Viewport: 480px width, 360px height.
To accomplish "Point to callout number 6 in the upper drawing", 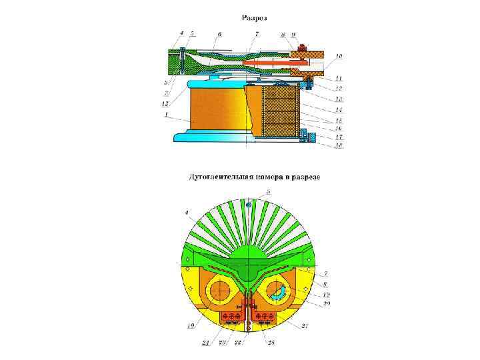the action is point(219,33).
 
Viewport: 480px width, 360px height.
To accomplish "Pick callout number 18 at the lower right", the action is point(339,145).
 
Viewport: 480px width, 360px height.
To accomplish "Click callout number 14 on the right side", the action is point(339,109).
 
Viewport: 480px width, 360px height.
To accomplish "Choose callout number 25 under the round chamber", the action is point(270,343).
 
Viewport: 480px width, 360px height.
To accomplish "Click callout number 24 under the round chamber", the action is point(206,343).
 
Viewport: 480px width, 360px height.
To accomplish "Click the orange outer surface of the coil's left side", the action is point(213,110).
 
